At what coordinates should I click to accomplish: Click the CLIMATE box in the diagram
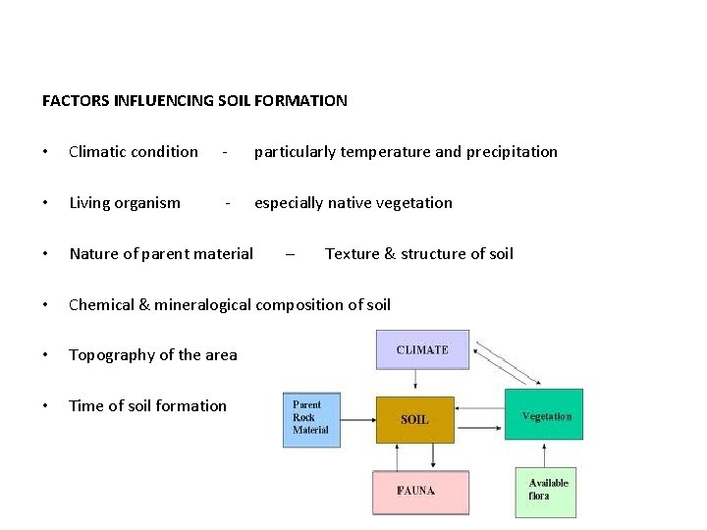(x=422, y=350)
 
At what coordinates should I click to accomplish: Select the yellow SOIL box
(x=414, y=420)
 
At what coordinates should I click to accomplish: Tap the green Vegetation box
(x=545, y=416)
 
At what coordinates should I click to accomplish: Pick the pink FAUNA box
(x=419, y=492)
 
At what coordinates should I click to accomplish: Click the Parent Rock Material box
(x=311, y=419)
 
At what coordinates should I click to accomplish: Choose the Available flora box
(x=546, y=490)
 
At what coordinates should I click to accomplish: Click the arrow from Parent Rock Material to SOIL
(x=357, y=420)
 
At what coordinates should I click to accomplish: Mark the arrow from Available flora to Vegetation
(x=545, y=453)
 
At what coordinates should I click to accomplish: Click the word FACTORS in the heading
(x=76, y=100)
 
